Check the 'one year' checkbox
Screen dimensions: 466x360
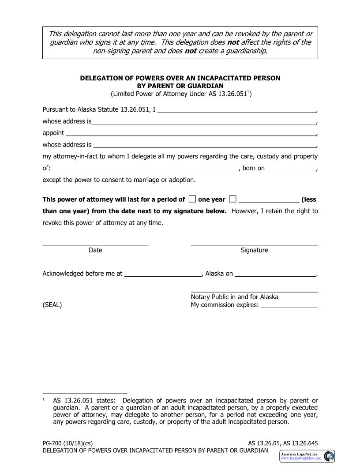[192, 199]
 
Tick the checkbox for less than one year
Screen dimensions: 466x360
[232, 199]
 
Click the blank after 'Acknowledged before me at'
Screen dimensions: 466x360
[163, 274]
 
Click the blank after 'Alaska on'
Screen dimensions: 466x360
[275, 274]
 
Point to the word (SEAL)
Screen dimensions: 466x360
[52, 305]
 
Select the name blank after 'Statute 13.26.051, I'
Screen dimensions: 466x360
[236, 110]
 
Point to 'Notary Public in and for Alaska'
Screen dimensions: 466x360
[234, 297]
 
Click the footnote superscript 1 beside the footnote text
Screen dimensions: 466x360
[44, 399]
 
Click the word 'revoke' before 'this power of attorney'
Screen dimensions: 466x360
[52, 223]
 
